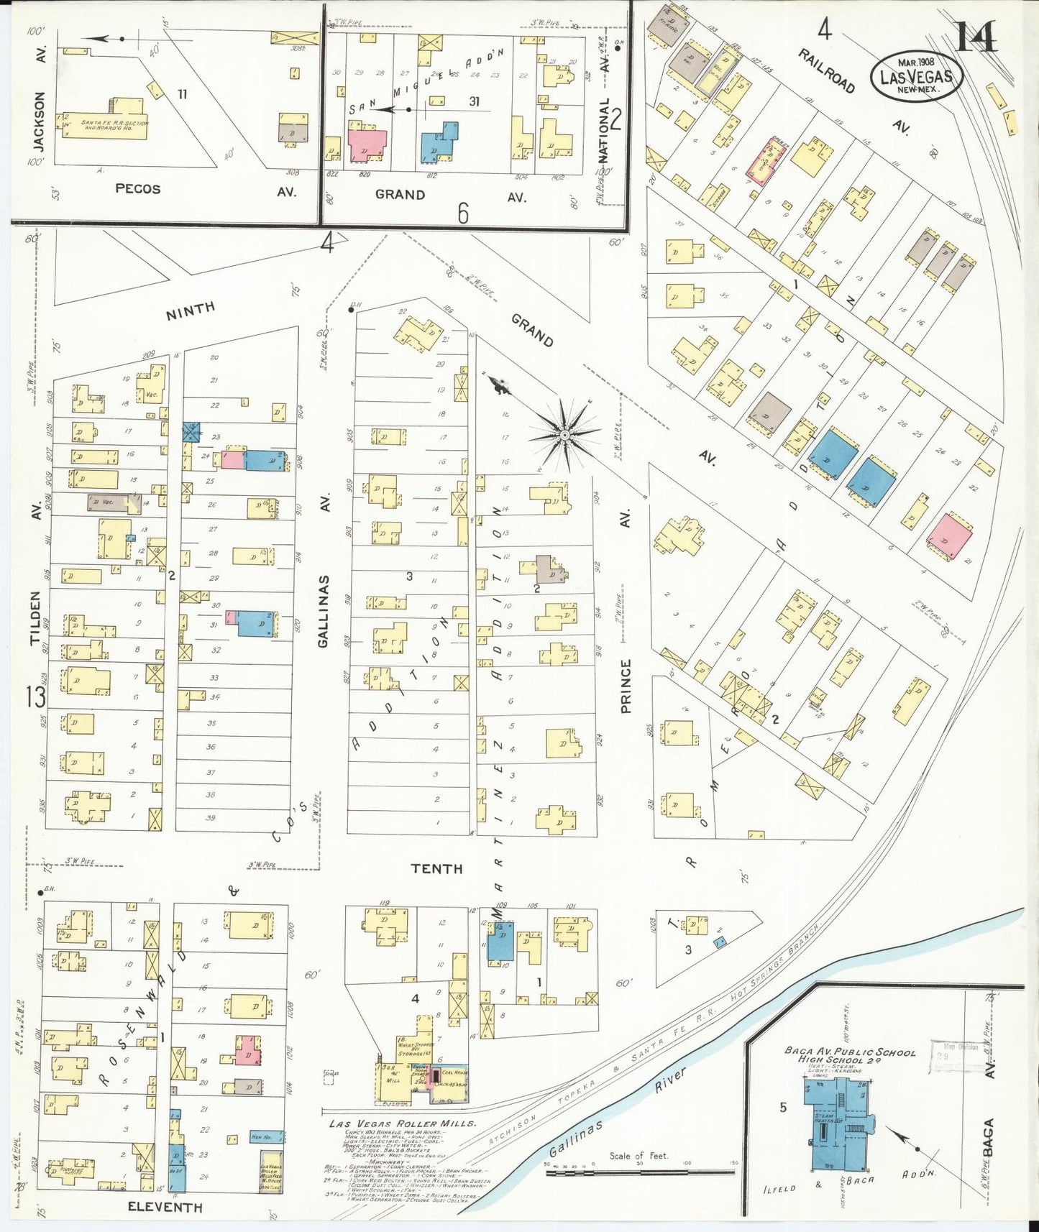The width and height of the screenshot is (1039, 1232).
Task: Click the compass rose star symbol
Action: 565,435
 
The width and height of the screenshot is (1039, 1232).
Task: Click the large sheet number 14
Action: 975,37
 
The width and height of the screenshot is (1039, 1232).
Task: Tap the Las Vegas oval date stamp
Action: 916,76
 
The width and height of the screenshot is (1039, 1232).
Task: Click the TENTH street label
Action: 436,868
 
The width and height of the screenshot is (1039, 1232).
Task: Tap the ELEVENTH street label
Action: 165,1207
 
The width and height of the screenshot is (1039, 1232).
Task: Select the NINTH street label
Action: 190,311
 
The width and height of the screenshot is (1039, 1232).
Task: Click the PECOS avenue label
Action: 137,189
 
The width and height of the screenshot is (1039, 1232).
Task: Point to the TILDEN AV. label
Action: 36,618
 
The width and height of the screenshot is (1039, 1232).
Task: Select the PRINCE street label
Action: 626,686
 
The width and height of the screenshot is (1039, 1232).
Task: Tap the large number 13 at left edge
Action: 36,696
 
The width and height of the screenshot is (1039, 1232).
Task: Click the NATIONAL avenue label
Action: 604,129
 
